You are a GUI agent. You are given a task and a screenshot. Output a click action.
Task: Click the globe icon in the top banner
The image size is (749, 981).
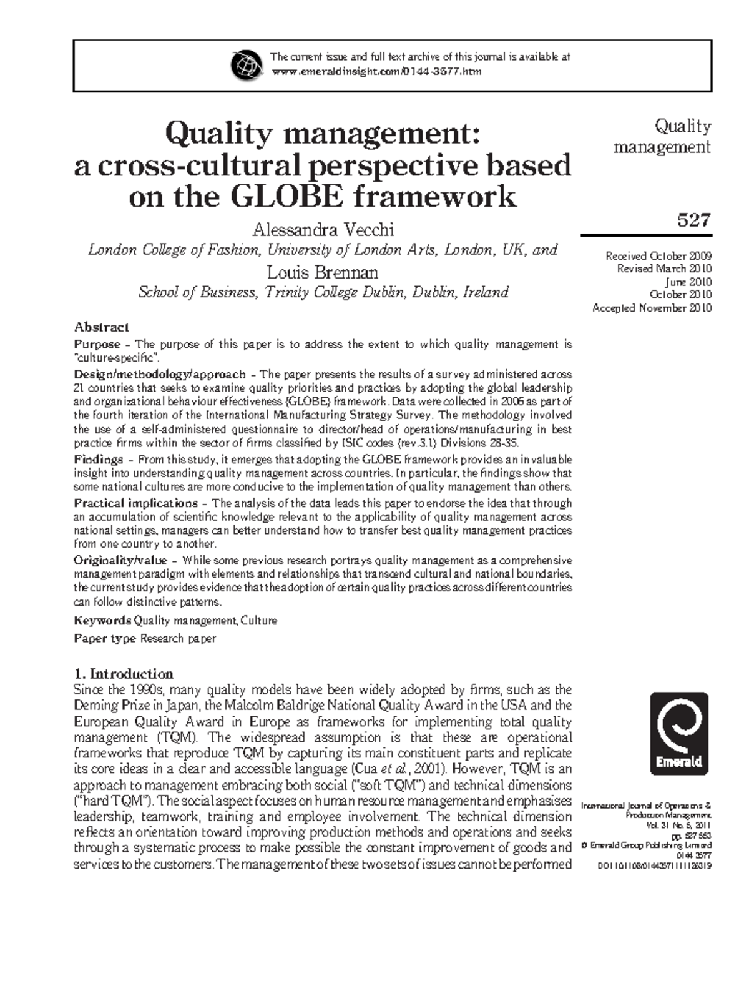(x=246, y=65)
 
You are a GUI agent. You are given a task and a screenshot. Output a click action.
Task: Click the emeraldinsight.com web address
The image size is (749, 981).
(x=376, y=72)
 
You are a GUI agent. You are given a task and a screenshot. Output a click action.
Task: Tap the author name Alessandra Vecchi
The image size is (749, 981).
(x=323, y=229)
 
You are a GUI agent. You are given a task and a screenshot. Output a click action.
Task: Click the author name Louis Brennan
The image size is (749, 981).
(x=323, y=272)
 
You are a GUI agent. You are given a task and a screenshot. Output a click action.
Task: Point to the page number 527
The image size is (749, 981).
(x=693, y=220)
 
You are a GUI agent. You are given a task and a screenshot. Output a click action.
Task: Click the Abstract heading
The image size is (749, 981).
(x=101, y=327)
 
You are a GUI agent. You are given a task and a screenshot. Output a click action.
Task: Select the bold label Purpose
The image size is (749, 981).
(x=97, y=344)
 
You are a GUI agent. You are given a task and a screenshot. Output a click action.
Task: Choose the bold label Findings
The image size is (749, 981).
(x=99, y=460)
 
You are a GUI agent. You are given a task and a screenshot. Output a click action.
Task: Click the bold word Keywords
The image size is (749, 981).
(x=102, y=621)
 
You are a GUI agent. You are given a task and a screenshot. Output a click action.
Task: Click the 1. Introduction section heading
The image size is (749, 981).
(x=123, y=674)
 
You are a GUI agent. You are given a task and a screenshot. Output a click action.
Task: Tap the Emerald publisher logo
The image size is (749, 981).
(x=679, y=733)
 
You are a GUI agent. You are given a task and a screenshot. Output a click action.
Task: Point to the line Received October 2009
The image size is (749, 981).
(x=658, y=256)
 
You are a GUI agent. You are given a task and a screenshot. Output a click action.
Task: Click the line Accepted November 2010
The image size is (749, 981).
(x=652, y=308)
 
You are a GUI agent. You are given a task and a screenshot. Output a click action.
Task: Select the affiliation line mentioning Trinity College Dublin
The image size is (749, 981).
(x=323, y=292)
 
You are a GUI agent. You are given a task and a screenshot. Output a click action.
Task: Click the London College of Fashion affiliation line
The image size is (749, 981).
(x=323, y=250)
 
